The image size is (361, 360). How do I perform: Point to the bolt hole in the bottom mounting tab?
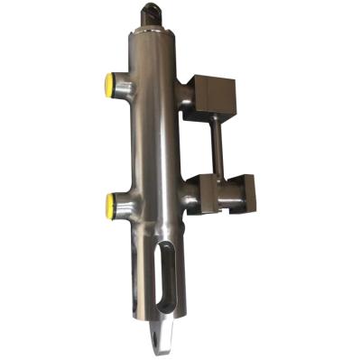coord(162,340)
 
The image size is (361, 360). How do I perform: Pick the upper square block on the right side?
coord(215,97)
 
